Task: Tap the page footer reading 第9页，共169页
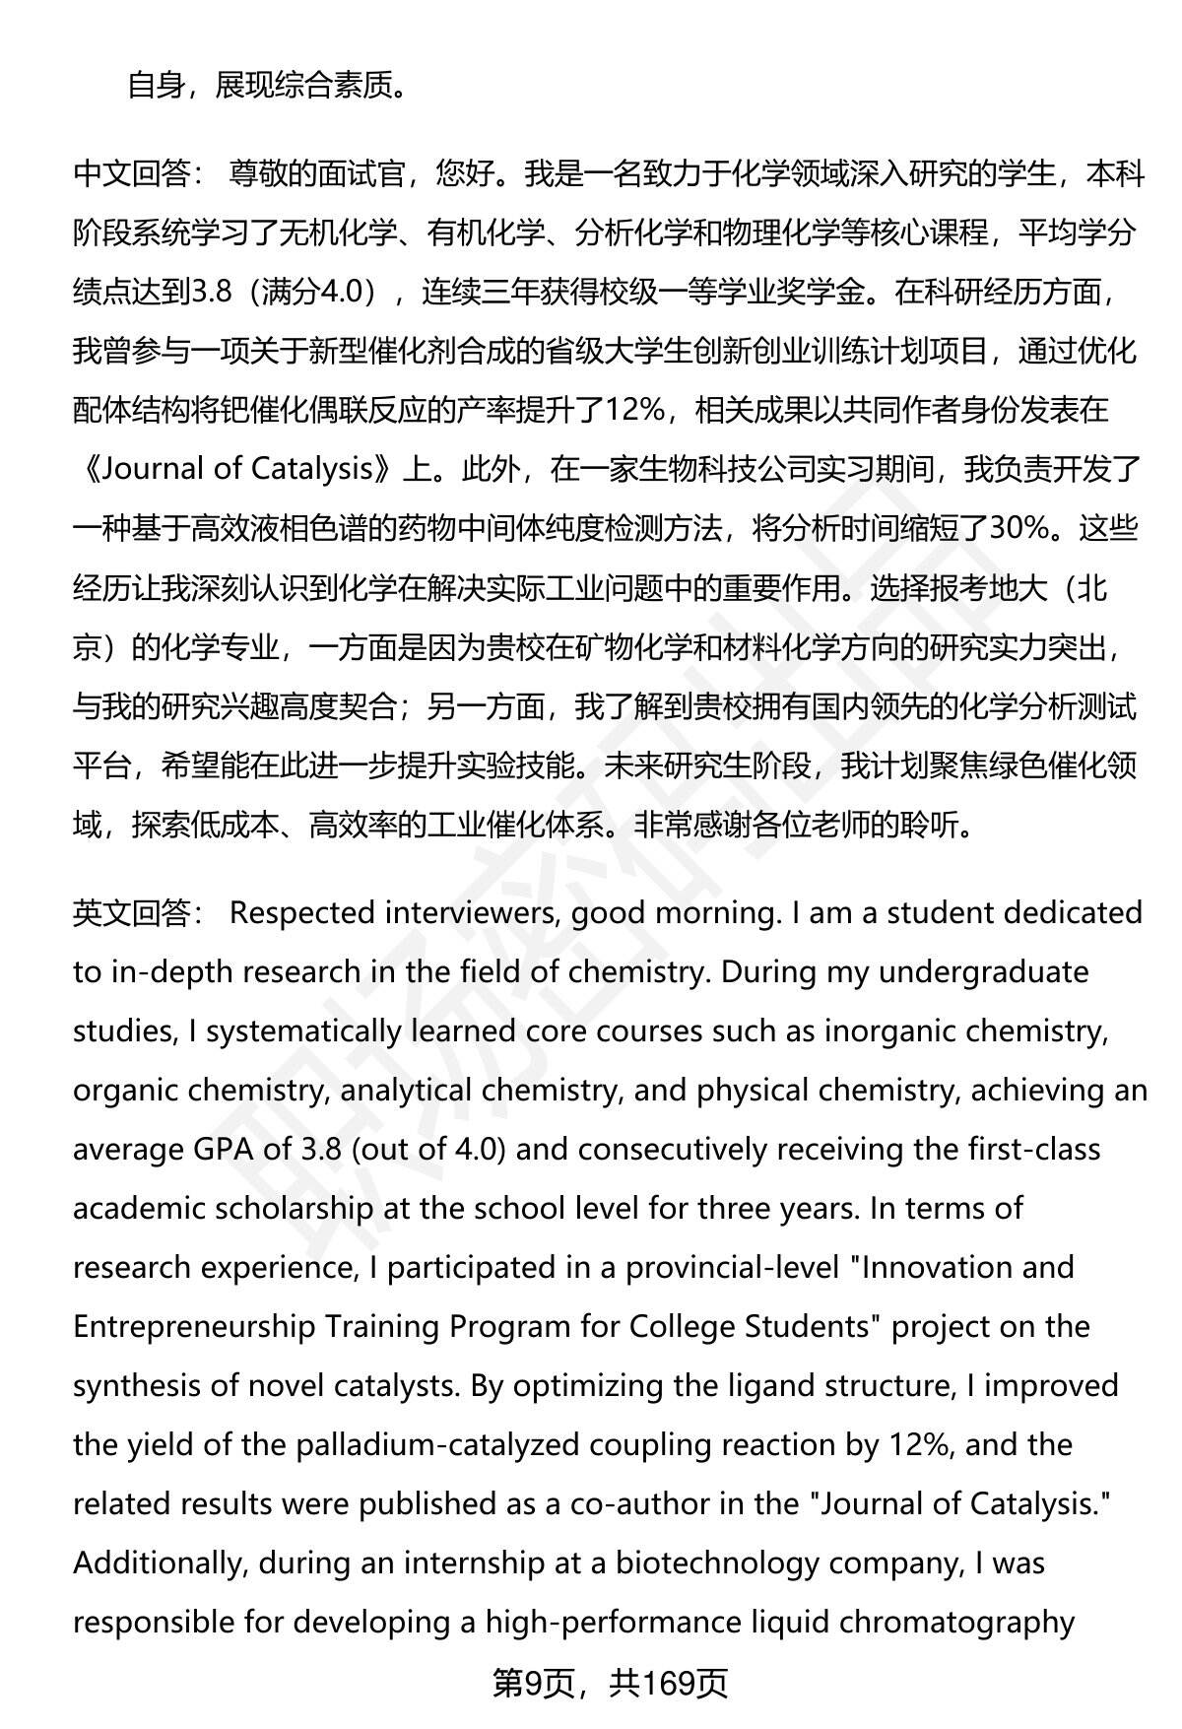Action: (x=610, y=1684)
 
